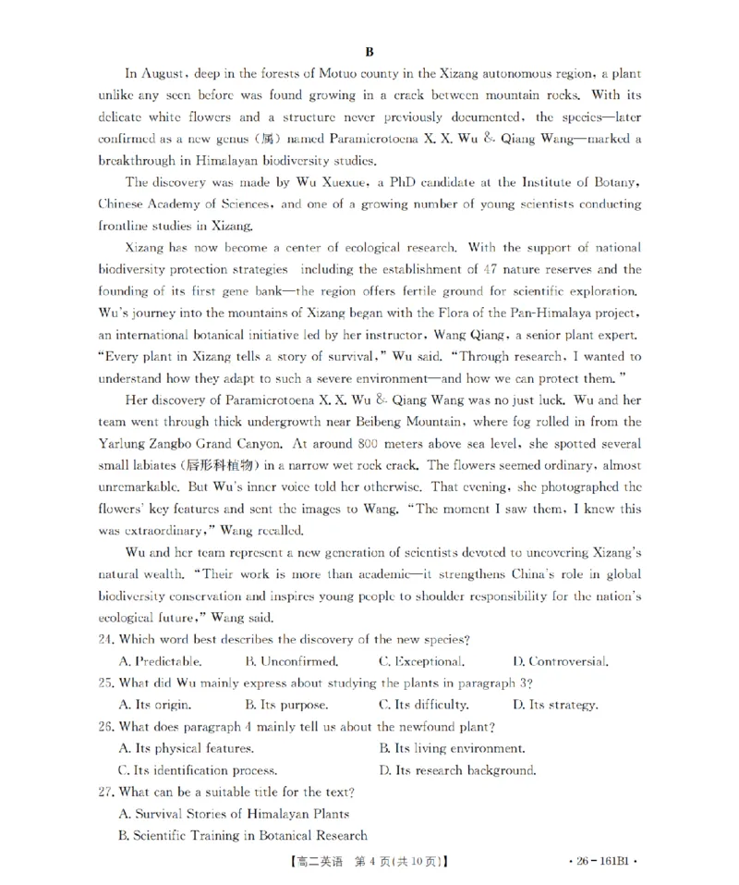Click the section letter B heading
369,53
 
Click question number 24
105,640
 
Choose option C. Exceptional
421,661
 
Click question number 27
105,792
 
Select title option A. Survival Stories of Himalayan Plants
235,814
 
